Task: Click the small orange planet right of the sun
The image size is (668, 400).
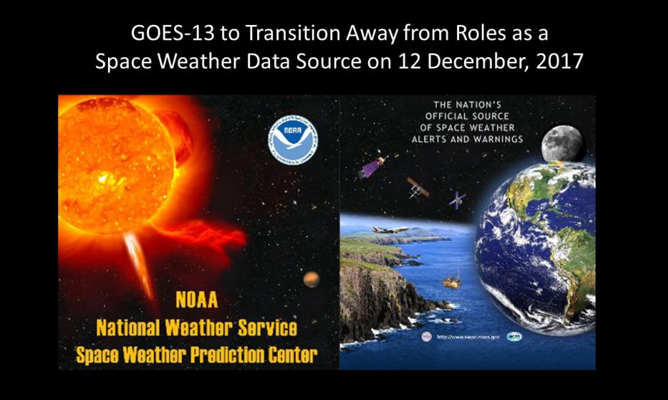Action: coord(311,279)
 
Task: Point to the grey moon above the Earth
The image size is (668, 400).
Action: coord(561,143)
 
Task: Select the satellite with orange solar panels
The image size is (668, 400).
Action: coord(418,187)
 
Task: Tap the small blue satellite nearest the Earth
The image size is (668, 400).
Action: coord(457,200)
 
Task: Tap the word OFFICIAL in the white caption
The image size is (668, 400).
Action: coord(449,115)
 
